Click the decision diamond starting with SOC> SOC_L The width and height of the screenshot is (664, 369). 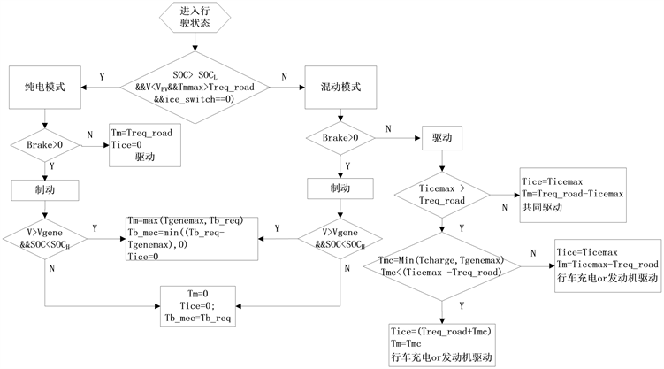194,88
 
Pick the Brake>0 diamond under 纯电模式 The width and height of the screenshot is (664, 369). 44,142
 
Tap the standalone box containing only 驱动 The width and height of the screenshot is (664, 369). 443,140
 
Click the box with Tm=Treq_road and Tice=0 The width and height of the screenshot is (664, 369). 144,143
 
